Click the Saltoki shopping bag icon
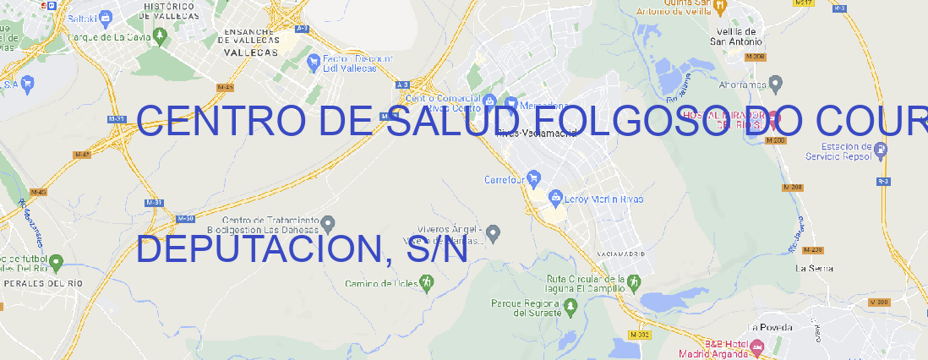pos(106,16)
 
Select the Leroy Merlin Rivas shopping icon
pos(555,198)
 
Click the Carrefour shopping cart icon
pos(534,178)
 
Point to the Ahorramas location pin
pos(777,83)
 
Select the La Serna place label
pos(815,268)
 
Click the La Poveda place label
pos(769,326)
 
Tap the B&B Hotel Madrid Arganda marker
pos(757,346)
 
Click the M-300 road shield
pos(879,303)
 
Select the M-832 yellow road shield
pos(639,335)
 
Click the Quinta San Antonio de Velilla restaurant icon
pos(720,7)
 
